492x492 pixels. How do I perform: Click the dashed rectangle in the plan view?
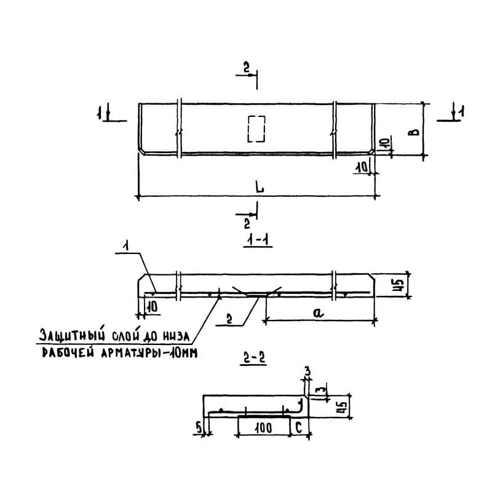248,129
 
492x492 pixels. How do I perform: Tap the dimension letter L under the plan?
260,188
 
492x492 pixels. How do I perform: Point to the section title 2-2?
253,359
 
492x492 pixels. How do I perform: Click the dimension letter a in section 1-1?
318,312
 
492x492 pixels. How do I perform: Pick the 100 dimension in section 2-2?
263,428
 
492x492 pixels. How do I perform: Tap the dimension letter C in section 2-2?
299,427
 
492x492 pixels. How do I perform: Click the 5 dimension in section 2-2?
198,427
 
